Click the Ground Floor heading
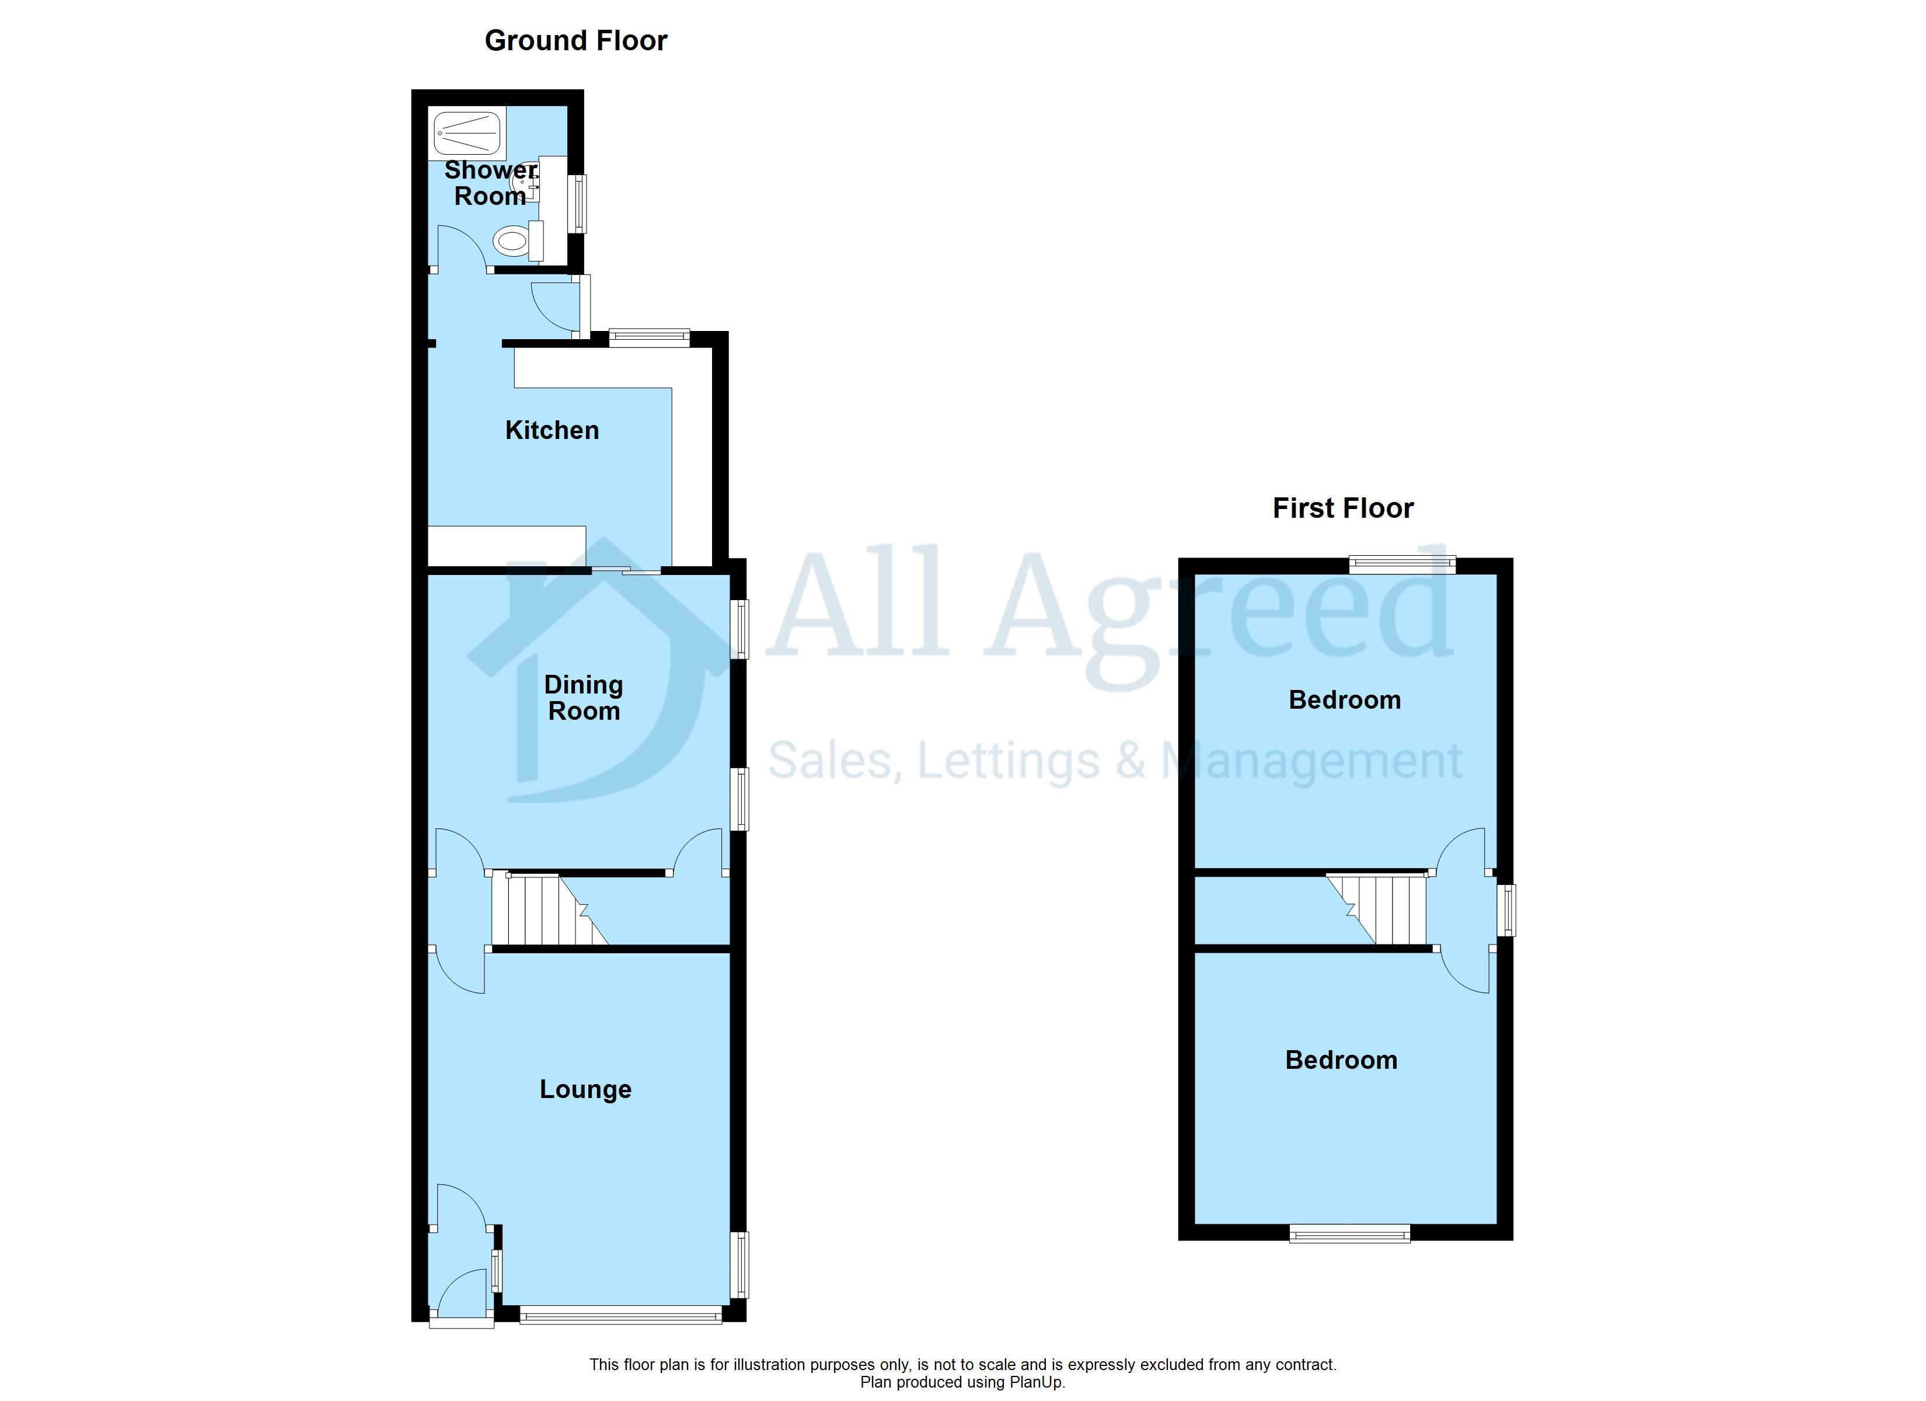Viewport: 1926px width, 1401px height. [576, 41]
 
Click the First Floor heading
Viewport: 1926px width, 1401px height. [1342, 508]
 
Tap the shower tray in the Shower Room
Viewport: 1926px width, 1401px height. [467, 132]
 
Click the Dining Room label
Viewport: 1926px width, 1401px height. [584, 698]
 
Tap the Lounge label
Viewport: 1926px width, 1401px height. [585, 1089]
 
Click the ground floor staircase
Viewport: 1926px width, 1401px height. [549, 909]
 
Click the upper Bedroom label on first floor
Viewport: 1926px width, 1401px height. [1344, 700]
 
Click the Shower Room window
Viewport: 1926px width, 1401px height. [578, 204]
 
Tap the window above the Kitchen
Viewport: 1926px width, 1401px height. [650, 337]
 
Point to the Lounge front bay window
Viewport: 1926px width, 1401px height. [621, 1315]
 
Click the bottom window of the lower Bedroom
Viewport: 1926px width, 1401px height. [1349, 1233]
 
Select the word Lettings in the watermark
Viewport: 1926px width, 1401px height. [1010, 761]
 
